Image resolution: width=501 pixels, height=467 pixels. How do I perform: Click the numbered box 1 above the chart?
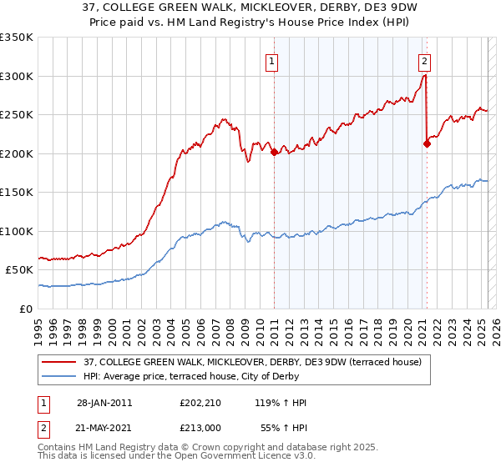click(272, 60)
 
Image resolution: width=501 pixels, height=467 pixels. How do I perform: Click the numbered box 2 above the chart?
click(424, 60)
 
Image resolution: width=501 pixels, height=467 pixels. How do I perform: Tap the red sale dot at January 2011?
click(275, 152)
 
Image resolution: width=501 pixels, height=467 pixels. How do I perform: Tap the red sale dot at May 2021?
click(427, 143)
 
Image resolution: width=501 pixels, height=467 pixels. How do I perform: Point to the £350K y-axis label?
click(17, 38)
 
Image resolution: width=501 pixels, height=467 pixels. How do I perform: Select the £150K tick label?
click(17, 193)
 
